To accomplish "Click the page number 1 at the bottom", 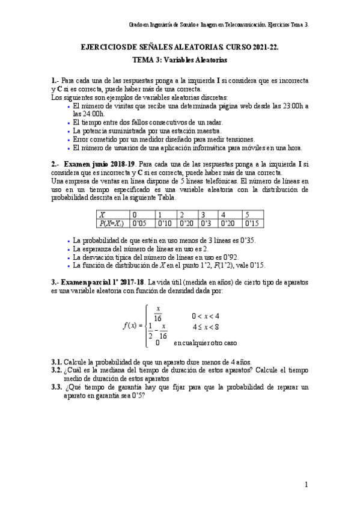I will [x=306, y=484].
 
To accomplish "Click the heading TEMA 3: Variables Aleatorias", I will [x=180, y=60].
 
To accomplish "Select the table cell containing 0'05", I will [x=140, y=223].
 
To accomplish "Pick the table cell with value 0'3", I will [x=207, y=223].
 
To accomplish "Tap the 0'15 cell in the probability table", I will [x=252, y=223].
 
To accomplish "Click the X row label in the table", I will [x=103, y=214].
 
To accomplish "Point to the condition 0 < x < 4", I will [x=205, y=316].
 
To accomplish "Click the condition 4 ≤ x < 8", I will [x=205, y=328].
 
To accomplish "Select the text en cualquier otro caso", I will [x=205, y=343].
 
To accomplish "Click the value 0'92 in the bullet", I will [x=228, y=256].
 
